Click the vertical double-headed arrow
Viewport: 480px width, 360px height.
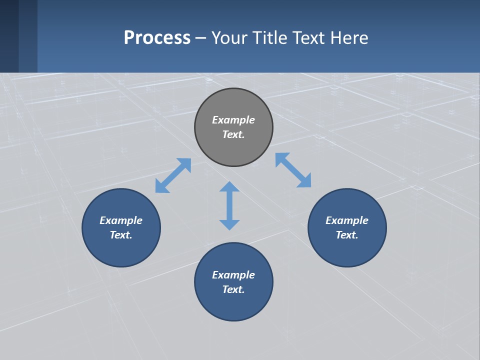click(229, 205)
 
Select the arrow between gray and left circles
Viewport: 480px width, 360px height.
click(173, 175)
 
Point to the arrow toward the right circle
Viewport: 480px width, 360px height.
click(293, 170)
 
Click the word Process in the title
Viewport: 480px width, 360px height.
click(157, 37)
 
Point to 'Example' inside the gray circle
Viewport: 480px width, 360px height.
click(233, 120)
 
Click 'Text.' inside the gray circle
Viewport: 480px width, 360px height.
click(233, 134)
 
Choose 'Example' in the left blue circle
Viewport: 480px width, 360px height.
click(121, 220)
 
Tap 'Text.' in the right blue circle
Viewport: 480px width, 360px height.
click(347, 235)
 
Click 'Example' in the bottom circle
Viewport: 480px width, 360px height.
click(233, 275)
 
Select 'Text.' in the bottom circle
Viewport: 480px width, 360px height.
click(233, 289)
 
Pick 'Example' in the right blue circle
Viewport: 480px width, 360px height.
click(347, 220)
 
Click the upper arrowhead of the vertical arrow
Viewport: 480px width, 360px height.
click(229, 187)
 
